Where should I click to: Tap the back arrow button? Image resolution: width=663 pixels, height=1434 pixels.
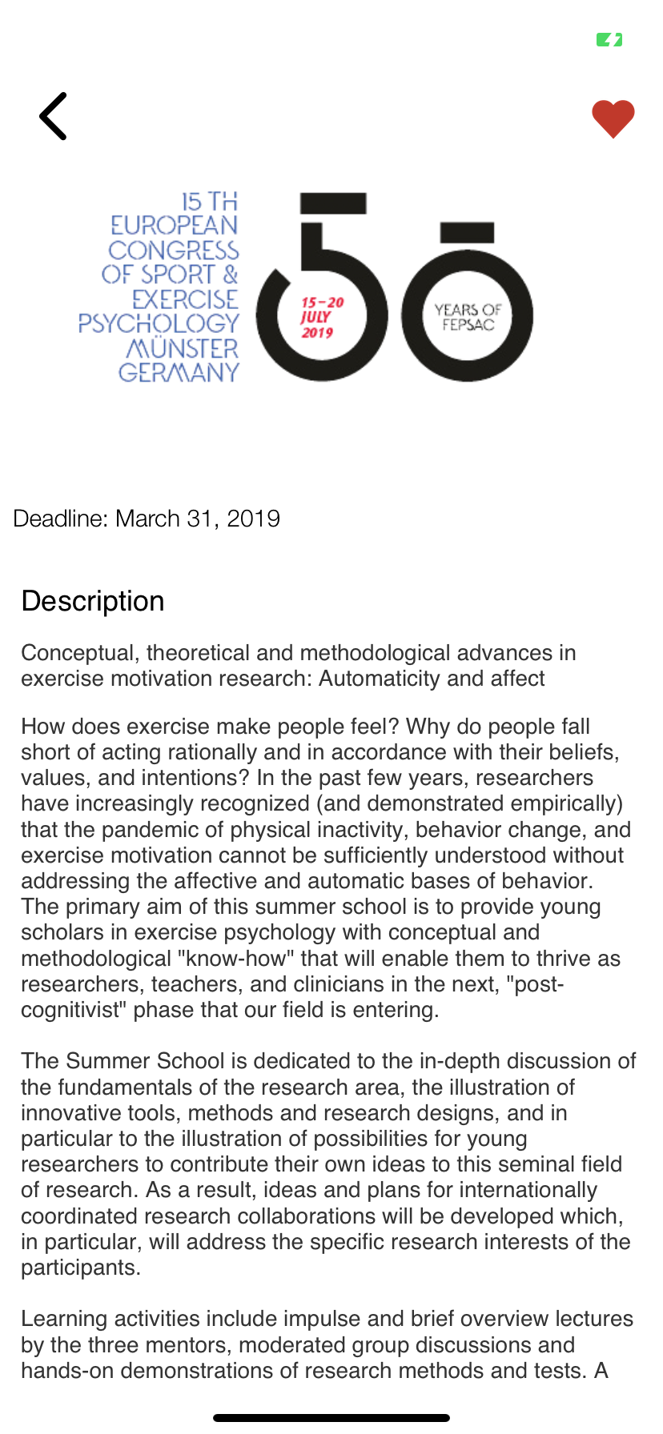click(x=53, y=116)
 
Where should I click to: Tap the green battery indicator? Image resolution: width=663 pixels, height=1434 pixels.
click(x=609, y=39)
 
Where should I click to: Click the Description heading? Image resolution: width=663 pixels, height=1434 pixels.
click(x=93, y=601)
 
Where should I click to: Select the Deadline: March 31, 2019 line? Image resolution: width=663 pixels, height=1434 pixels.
click(x=147, y=519)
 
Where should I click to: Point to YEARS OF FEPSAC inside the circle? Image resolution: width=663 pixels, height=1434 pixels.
click(x=468, y=317)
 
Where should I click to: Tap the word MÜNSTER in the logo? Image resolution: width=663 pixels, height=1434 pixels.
click(x=183, y=349)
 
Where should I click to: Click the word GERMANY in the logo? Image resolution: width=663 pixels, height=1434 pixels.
click(x=179, y=373)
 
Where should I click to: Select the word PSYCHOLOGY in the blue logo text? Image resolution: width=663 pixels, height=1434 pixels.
click(x=159, y=323)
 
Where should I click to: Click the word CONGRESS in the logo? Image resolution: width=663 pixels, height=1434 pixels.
click(x=174, y=250)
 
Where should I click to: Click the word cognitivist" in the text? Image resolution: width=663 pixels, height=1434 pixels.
click(x=73, y=1010)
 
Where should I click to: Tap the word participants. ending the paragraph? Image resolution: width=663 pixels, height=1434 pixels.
click(x=81, y=1268)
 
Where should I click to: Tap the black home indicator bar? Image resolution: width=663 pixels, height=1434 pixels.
click(x=331, y=1418)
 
